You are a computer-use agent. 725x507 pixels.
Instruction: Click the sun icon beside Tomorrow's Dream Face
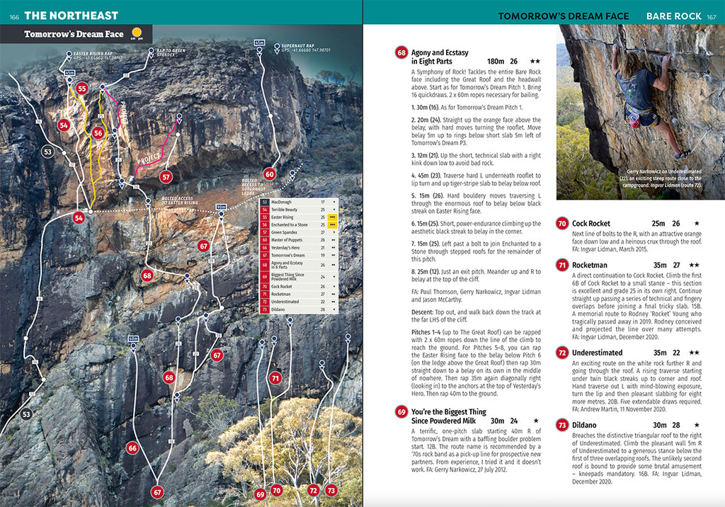137,33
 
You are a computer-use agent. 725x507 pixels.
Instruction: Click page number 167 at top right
712,16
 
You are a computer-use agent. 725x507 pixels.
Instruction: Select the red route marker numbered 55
81,89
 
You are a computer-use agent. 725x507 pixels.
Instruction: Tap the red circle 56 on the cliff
98,132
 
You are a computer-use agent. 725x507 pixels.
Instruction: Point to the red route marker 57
166,177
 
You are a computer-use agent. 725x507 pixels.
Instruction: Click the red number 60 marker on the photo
269,173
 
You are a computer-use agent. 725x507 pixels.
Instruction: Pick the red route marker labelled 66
132,448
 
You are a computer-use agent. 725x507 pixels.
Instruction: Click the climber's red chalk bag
634,123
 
